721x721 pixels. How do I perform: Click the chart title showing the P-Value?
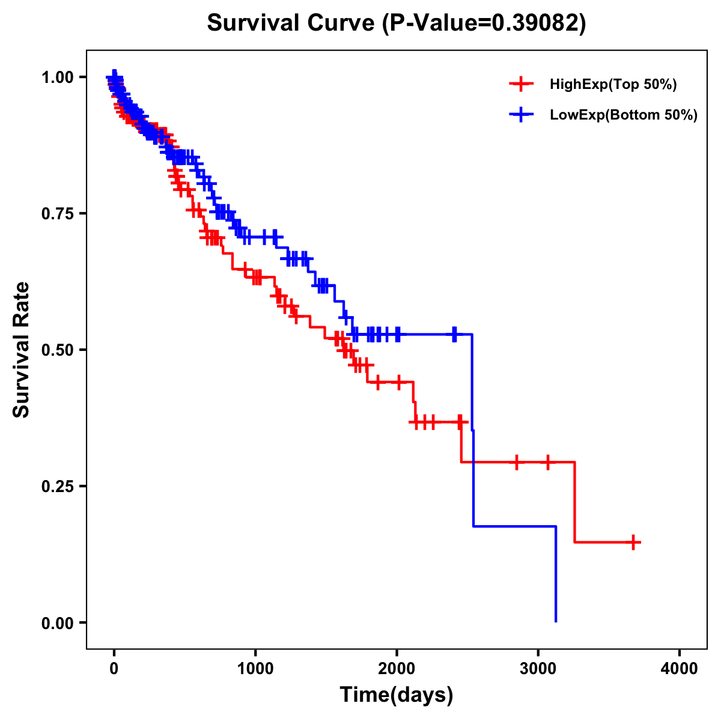396,23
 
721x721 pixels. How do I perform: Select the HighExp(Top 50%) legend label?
613,85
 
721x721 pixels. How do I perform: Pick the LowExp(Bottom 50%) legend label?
623,115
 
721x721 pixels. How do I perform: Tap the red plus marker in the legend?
521,85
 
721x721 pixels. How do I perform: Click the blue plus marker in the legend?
521,115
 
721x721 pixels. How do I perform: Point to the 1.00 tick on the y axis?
58,78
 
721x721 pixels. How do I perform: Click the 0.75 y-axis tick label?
58,214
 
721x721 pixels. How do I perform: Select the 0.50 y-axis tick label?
58,350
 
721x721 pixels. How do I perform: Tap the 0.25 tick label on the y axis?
58,486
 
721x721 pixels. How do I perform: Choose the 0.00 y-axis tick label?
58,622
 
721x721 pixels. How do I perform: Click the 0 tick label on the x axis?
114,669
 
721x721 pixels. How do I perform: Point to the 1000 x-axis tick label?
255,669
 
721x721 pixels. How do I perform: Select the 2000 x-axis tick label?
397,669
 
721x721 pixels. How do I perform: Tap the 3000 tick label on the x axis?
538,669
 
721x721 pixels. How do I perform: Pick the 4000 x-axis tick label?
680,669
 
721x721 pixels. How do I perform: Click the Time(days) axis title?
397,695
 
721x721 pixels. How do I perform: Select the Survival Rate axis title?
22,350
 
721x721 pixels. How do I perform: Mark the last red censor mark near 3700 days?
633,542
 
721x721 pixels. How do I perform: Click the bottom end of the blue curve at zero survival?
556,621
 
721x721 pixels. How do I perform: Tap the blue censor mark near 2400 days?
454,334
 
